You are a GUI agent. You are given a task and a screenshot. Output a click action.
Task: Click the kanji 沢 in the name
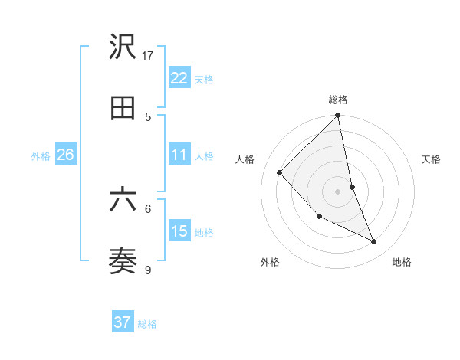tap(123, 47)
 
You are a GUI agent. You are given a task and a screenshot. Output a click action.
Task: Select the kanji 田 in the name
tap(123, 108)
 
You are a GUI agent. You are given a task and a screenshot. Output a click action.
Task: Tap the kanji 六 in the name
tap(123, 200)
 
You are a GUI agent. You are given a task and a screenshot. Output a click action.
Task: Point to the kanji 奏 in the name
tap(123, 261)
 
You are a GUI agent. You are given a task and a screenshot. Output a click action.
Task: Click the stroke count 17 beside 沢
tap(148, 55)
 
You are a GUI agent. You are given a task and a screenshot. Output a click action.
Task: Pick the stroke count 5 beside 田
tap(148, 116)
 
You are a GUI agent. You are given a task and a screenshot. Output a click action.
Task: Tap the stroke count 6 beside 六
tap(148, 208)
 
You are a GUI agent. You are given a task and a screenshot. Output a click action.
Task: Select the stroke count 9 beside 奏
tap(148, 269)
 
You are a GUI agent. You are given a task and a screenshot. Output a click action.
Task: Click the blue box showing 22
tap(179, 78)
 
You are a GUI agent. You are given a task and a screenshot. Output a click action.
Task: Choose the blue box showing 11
tap(179, 155)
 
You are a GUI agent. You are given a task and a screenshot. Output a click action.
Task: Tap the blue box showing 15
tap(179, 231)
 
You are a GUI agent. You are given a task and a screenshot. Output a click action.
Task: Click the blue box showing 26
tap(65, 155)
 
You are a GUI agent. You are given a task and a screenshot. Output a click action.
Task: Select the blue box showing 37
tap(122, 322)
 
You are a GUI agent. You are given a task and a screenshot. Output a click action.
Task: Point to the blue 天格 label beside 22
tap(204, 80)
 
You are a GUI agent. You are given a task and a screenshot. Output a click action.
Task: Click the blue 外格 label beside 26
tap(41, 156)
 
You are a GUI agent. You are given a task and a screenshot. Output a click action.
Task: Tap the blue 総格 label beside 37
tap(147, 324)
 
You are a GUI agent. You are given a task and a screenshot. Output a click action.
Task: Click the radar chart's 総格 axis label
tap(338, 100)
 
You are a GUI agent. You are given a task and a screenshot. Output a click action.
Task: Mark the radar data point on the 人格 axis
tap(280, 173)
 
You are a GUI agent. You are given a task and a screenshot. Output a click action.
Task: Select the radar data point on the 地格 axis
tap(374, 242)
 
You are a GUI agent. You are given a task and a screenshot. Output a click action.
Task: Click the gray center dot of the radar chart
tap(338, 191)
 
